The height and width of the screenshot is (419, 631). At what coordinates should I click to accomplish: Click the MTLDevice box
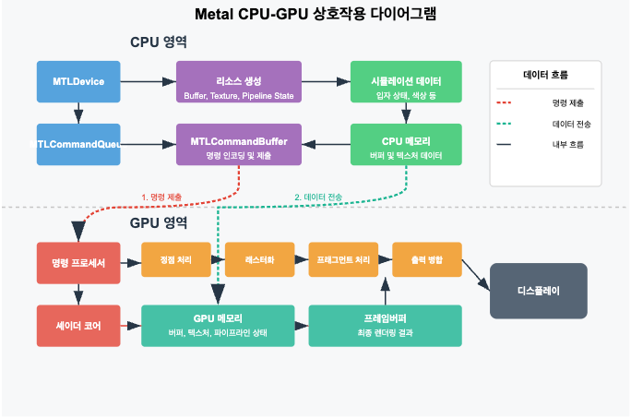78,82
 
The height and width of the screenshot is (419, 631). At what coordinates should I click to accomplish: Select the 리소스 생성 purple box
239,82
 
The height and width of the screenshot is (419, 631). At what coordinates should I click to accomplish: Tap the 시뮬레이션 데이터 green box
407,82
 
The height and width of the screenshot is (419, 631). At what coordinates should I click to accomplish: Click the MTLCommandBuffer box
239,144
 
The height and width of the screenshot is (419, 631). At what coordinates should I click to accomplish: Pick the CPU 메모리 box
407,144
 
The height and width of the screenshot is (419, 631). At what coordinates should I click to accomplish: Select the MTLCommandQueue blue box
78,144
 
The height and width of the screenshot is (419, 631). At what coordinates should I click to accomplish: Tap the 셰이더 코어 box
78,326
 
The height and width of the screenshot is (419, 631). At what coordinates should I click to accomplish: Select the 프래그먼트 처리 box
343,260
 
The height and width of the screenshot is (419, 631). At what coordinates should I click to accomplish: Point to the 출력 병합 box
426,260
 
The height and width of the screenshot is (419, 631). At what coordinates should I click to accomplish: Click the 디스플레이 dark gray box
538,290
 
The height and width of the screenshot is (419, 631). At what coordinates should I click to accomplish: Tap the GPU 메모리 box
218,326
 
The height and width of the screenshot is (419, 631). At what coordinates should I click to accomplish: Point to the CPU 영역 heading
159,43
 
